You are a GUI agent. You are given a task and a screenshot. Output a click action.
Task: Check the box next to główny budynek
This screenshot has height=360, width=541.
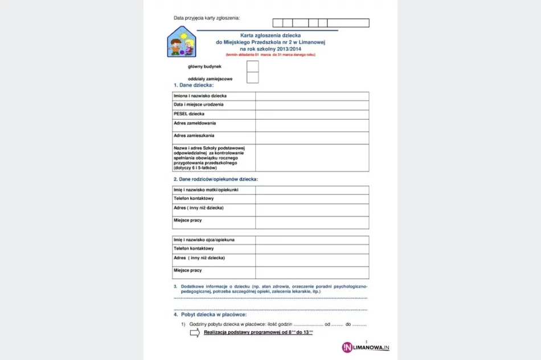click(253, 67)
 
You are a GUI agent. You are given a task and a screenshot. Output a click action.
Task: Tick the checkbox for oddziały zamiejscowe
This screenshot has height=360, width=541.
click(253, 78)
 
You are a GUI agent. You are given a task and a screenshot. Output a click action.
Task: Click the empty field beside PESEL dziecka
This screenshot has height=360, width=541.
click(312, 114)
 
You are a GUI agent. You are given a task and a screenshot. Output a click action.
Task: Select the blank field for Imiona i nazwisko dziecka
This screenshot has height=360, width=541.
click(312, 96)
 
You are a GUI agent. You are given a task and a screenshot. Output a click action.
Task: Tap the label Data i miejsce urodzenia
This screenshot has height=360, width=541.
click(199, 105)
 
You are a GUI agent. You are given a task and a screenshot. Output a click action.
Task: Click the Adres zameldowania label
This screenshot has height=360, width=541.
click(195, 123)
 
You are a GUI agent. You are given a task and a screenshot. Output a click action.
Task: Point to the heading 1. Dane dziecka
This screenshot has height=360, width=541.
click(193, 85)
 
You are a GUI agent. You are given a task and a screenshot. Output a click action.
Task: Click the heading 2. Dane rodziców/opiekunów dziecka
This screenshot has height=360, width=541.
click(216, 179)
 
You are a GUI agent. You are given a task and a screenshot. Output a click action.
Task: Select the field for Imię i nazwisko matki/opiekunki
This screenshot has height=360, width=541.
click(312, 190)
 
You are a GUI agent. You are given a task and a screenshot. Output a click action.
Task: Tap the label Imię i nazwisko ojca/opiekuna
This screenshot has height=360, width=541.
click(204, 240)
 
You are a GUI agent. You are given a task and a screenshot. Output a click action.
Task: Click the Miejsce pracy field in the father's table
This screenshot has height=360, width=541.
click(312, 272)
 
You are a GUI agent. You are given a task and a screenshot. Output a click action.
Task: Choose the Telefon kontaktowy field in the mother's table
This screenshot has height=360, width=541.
click(312, 199)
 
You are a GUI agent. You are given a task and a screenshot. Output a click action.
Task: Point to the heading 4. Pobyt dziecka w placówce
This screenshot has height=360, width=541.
click(210, 314)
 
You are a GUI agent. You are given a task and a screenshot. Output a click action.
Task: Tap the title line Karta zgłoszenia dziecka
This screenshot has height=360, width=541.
click(270, 35)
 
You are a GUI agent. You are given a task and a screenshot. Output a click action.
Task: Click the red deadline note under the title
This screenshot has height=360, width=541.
click(270, 55)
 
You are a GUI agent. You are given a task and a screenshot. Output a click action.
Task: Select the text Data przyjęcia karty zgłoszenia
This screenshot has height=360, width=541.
click(207, 18)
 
